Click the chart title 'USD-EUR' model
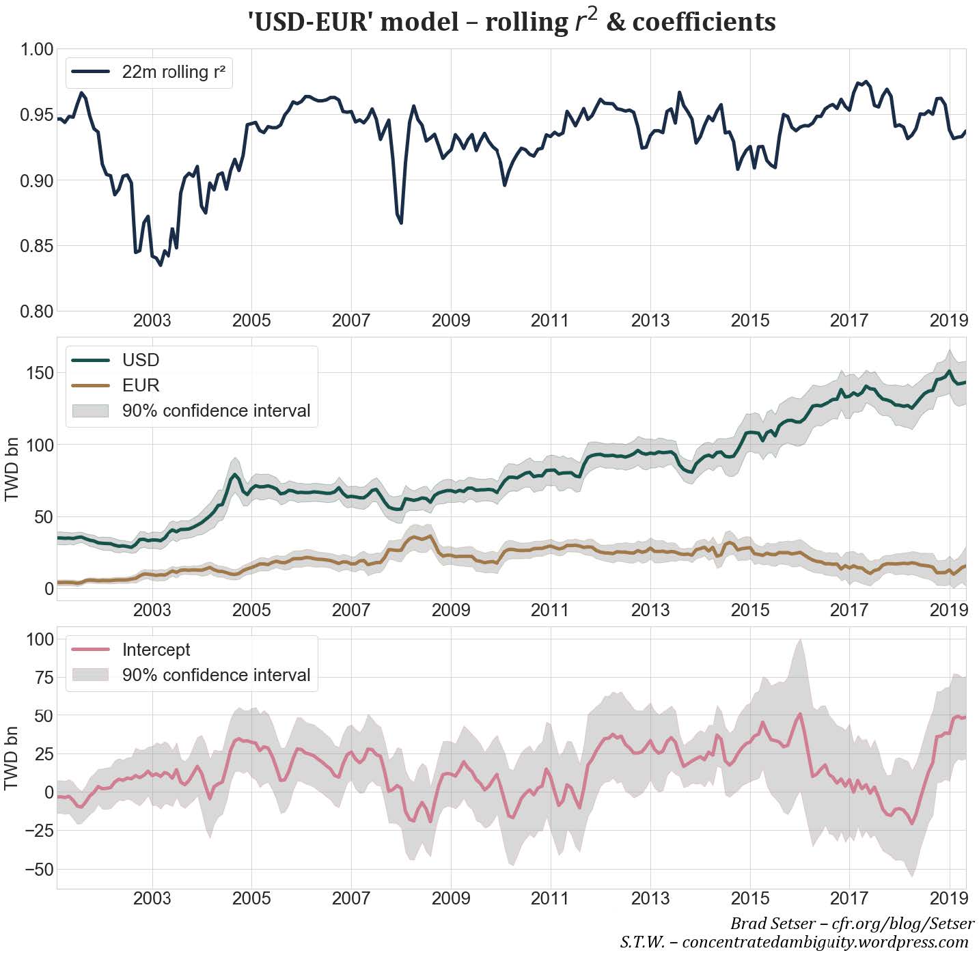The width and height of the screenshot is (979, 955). (x=511, y=22)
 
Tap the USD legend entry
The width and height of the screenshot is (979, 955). (x=140, y=360)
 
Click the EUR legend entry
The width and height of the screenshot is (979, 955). (x=140, y=385)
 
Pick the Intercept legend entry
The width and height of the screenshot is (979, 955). (x=156, y=650)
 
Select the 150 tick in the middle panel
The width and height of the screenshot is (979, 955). (x=40, y=373)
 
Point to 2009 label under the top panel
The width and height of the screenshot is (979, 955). (x=450, y=320)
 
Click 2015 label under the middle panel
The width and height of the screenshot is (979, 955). (x=749, y=609)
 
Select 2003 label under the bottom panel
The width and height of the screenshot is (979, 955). (x=152, y=898)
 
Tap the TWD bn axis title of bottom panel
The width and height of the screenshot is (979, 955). (x=12, y=758)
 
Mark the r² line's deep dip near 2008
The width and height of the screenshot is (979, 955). (x=401, y=223)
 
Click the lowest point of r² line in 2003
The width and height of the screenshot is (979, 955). (x=161, y=265)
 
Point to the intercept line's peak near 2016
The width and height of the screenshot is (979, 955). (x=799, y=714)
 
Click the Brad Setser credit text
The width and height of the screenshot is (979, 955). (x=851, y=924)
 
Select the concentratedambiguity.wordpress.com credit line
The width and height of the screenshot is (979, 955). (x=794, y=942)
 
